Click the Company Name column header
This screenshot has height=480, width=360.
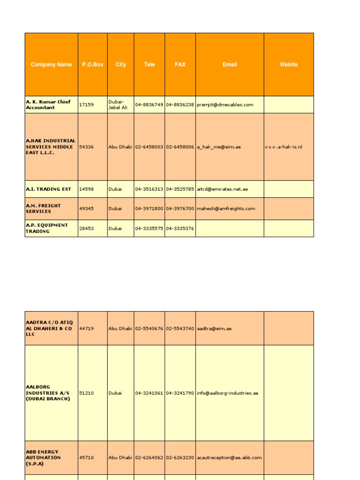click(51, 65)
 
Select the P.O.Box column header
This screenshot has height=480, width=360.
click(92, 65)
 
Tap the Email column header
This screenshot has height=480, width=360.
click(230, 65)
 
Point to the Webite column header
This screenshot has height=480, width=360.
click(289, 65)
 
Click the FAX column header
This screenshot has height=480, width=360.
click(180, 65)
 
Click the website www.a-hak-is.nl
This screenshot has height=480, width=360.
click(284, 147)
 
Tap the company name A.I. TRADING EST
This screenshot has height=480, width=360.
click(49, 189)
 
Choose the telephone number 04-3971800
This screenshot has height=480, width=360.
click(149, 209)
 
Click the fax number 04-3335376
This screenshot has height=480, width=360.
click(180, 229)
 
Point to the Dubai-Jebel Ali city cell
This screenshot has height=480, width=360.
click(118, 105)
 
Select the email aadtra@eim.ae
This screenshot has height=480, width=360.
click(214, 329)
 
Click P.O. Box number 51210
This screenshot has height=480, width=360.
click(86, 393)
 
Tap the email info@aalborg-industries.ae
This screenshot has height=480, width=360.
click(228, 393)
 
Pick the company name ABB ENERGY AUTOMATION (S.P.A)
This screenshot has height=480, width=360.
click(43, 457)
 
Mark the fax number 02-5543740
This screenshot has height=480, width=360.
click(180, 329)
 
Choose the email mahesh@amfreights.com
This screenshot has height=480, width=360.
click(226, 209)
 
